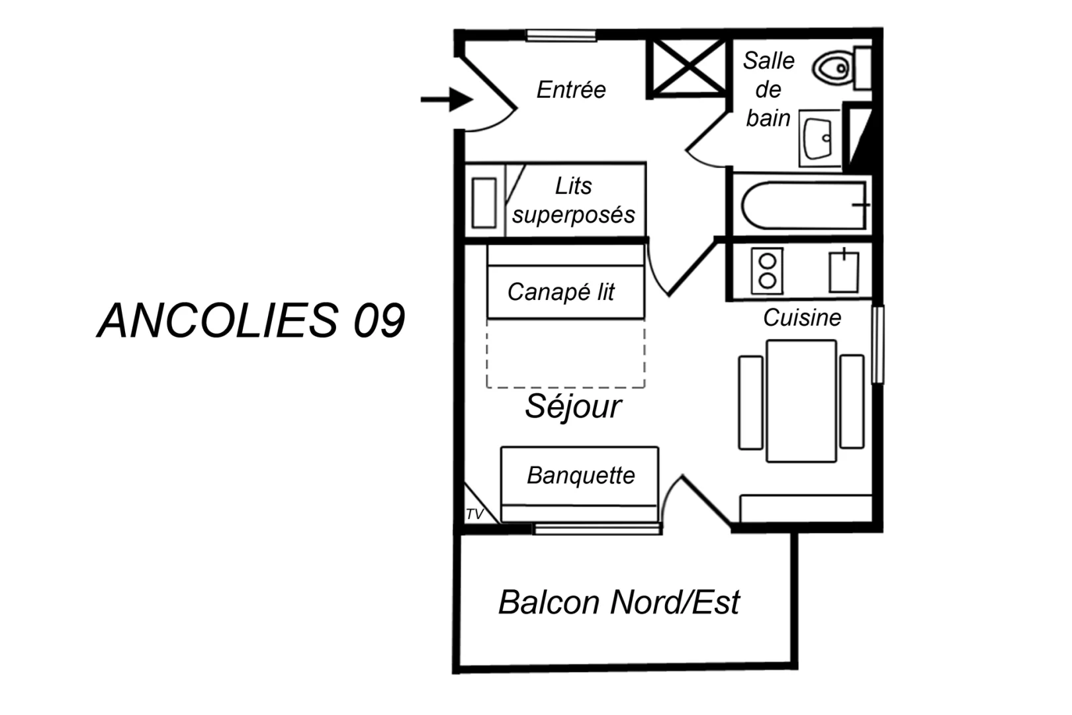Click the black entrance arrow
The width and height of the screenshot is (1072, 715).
coord(448,100)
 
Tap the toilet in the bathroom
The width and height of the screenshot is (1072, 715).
coord(835,68)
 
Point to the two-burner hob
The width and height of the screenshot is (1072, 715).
coord(767,271)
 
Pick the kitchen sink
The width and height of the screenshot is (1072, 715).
coord(844,271)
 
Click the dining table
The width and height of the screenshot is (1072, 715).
coord(801,401)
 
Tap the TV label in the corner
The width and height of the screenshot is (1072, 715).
coord(474,514)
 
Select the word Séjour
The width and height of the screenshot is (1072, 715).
coord(573,406)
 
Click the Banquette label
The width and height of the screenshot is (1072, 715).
coord(580,475)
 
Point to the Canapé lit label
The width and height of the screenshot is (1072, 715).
coord(561,292)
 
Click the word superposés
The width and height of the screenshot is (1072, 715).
coord(573,215)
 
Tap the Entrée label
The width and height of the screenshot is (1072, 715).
coord(570,90)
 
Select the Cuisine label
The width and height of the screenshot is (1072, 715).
coord(802,318)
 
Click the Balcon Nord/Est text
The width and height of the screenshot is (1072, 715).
coord(619,602)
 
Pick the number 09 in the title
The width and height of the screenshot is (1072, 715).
coord(379,321)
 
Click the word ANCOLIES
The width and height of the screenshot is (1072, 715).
coord(218,321)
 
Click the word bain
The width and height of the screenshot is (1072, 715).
coord(768,118)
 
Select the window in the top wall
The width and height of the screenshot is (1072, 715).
coord(561,36)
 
